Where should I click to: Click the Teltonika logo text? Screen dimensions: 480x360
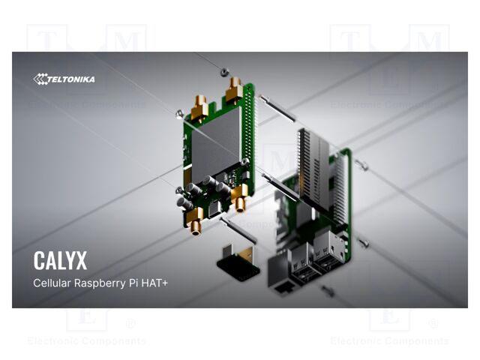[71, 79]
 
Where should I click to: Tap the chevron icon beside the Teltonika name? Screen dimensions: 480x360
[40, 79]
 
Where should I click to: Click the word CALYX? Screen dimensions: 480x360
[60, 260]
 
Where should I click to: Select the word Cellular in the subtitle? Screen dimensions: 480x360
[52, 283]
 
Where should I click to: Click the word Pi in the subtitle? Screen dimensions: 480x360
[133, 283]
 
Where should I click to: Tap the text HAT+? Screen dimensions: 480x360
[154, 283]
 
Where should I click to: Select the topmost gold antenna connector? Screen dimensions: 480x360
[234, 89]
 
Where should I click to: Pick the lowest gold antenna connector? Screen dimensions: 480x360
[195, 221]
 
